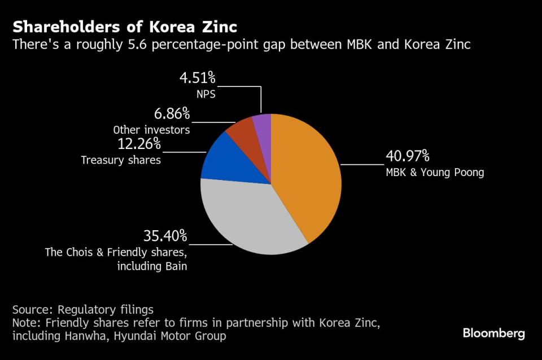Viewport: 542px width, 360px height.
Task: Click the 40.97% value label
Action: point(408,156)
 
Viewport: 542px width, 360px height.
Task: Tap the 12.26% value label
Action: point(138,144)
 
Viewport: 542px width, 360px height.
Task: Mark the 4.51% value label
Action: point(198,78)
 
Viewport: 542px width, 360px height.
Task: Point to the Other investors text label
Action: point(151,130)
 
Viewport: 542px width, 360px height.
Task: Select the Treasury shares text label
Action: point(120,160)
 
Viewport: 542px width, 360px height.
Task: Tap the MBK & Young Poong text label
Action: point(435,172)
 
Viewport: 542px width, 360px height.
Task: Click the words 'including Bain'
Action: point(152,265)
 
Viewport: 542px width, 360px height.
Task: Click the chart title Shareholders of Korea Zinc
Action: point(125,27)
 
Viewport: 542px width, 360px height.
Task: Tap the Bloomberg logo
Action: point(493,333)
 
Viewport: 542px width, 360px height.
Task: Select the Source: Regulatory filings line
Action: point(82,310)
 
